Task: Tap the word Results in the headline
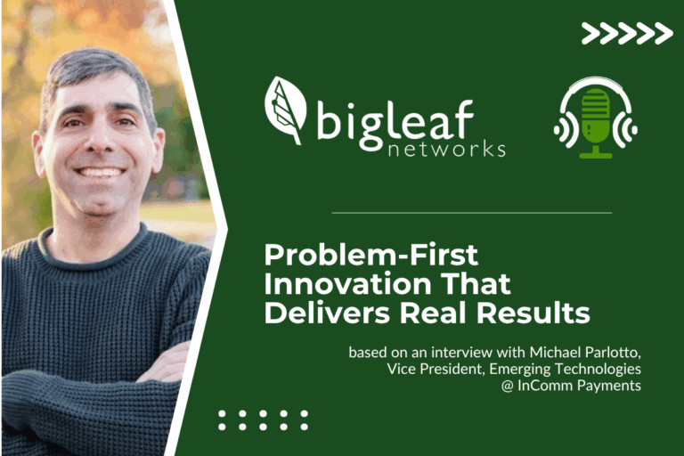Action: pos(543,313)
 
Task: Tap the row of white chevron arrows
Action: pos(627,34)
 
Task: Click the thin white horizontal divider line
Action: pos(471,213)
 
